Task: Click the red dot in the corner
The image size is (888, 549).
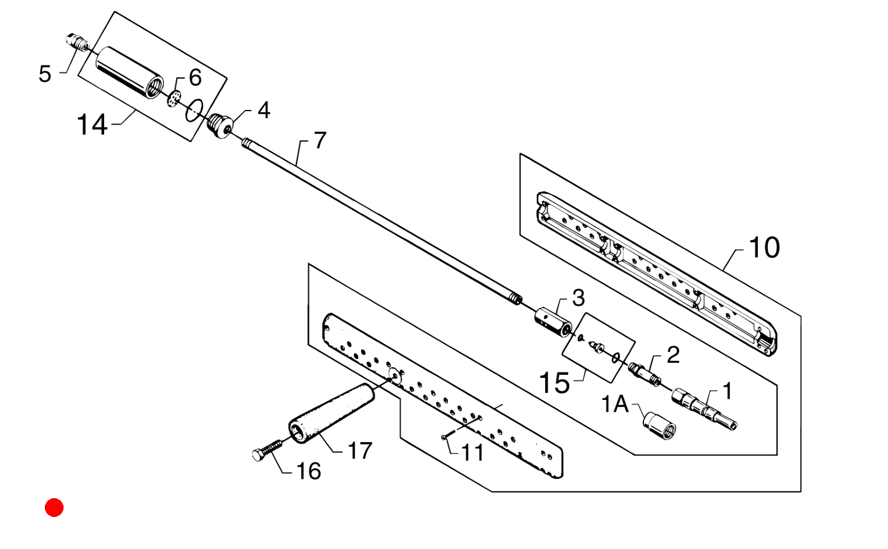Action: [54, 507]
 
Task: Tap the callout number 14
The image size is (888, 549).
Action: [91, 125]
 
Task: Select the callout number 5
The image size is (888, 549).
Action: [45, 74]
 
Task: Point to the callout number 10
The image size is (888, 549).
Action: [764, 248]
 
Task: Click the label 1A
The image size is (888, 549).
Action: [615, 404]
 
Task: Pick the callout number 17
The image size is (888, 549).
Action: [360, 451]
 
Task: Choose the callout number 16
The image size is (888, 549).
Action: [309, 471]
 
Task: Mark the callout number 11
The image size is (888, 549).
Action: [473, 453]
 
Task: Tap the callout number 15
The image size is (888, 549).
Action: [555, 383]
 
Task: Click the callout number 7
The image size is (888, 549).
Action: [320, 140]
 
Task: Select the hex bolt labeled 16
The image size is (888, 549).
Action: [267, 450]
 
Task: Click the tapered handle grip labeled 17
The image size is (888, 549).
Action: [331, 413]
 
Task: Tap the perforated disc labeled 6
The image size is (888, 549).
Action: [174, 98]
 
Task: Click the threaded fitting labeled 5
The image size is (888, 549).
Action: [78, 42]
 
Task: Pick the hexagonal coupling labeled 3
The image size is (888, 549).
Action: [553, 321]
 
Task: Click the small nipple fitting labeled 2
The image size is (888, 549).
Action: [645, 374]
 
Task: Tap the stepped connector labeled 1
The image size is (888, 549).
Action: [704, 409]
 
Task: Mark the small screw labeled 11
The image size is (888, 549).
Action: [444, 437]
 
